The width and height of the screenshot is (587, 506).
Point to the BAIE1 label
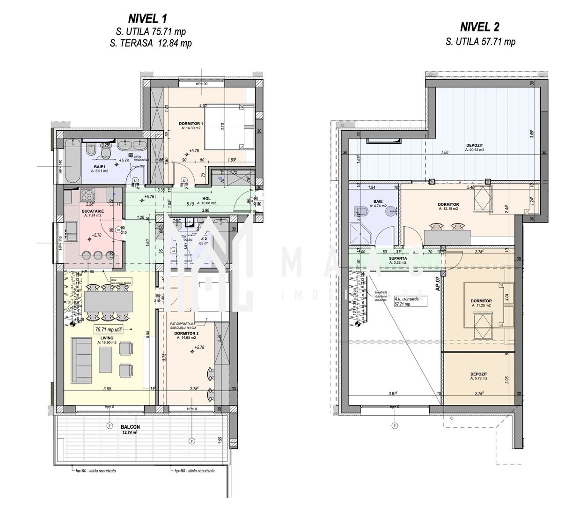[99, 167]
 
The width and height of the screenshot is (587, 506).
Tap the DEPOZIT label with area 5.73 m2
[479, 374]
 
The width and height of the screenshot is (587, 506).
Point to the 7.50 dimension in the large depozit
[445, 153]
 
